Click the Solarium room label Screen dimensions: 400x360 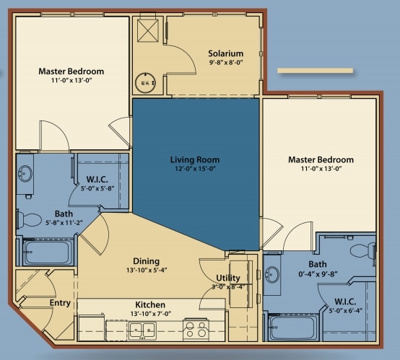[225, 53]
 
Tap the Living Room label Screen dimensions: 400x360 [195, 160]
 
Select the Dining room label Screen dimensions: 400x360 [146, 261]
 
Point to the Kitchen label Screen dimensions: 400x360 [150, 304]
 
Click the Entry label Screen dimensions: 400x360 [60, 303]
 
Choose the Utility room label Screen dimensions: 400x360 [228, 278]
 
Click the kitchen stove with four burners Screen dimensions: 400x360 [196, 329]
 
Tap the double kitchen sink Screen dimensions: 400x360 [142, 330]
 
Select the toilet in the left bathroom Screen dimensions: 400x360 [29, 219]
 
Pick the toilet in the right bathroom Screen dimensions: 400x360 [362, 251]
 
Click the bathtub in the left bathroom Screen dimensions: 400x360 [47, 253]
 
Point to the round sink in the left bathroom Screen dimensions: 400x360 [25, 174]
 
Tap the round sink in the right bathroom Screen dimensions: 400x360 [272, 275]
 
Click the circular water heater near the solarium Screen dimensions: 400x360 [146, 83]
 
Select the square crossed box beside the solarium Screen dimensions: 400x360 [148, 31]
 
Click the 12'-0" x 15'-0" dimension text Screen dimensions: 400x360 [195, 169]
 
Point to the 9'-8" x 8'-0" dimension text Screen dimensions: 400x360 [225, 63]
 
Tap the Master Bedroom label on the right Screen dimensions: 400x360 [321, 160]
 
